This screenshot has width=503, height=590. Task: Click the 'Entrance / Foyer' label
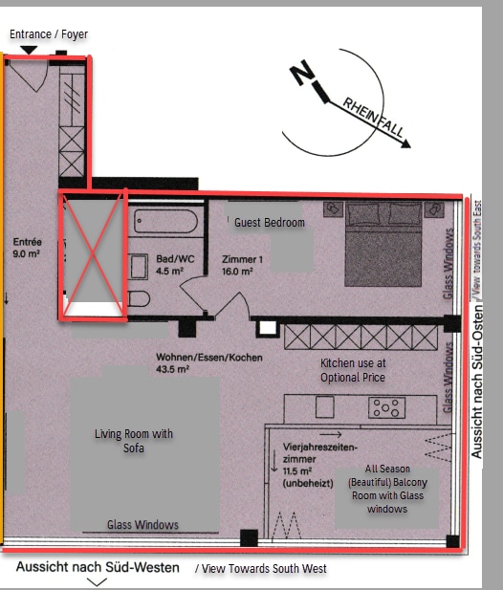click(x=49, y=34)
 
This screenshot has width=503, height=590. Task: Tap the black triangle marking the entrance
click(x=29, y=50)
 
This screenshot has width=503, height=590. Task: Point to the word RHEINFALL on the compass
click(x=373, y=118)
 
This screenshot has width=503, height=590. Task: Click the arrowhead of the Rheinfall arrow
click(x=405, y=143)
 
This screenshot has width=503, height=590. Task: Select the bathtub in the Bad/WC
click(x=165, y=221)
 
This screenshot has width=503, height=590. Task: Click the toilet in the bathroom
click(x=139, y=299)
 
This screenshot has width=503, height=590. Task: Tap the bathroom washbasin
click(x=138, y=267)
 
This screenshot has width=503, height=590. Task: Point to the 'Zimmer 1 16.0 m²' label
click(x=242, y=265)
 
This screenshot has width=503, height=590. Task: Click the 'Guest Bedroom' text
click(x=270, y=223)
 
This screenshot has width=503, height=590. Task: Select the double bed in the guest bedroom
click(x=383, y=244)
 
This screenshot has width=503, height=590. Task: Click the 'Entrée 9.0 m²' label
click(x=27, y=248)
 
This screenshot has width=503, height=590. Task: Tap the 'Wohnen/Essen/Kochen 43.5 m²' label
click(x=209, y=362)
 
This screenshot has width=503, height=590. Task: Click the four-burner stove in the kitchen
click(x=386, y=407)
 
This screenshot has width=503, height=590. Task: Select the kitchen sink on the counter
click(x=325, y=406)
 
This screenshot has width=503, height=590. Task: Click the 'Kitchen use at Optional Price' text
click(x=353, y=370)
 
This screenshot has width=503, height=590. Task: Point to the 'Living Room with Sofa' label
click(x=134, y=441)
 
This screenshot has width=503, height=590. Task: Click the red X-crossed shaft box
click(x=93, y=255)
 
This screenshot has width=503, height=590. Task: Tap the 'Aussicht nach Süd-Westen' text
click(x=98, y=567)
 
